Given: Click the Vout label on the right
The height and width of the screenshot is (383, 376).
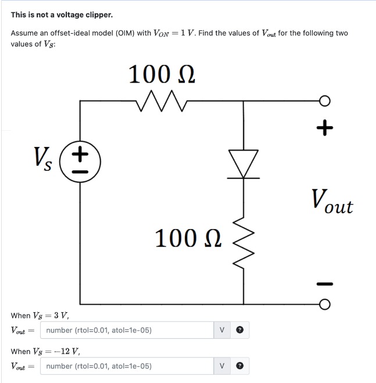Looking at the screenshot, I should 332,202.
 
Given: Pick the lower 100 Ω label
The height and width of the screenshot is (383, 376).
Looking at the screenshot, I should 188,238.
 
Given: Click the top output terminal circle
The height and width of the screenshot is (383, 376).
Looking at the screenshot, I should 325,101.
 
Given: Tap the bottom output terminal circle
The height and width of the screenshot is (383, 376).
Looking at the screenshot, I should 325,303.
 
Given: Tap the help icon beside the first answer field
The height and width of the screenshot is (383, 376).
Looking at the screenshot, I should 239,330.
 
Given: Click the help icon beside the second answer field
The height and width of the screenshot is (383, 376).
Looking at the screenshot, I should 239,366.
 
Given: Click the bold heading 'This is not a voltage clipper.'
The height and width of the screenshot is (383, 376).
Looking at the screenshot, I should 53,14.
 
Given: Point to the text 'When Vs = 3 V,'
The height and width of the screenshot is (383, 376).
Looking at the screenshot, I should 40,316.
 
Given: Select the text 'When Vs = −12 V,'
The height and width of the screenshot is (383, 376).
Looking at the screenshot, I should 45,352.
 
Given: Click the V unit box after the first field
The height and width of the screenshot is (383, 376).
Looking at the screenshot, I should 222,330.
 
